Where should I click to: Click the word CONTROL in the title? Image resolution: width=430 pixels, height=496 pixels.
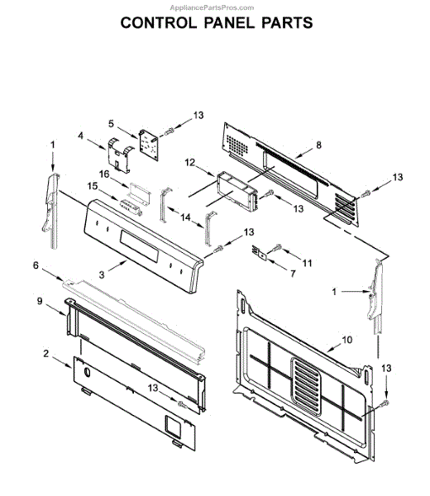tap(159, 23)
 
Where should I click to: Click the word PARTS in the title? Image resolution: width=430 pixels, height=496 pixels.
tap(287, 23)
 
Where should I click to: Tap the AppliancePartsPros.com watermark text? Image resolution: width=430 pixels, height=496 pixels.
tap(212, 7)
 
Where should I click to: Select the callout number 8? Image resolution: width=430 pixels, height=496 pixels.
tap(318, 145)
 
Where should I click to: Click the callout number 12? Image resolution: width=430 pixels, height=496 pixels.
tap(190, 163)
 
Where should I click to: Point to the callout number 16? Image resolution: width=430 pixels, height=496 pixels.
tap(104, 174)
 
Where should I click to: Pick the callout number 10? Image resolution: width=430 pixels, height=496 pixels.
tap(347, 340)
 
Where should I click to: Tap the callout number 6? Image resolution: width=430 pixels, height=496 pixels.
tap(36, 265)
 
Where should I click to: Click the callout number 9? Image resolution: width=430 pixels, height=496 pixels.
tap(39, 301)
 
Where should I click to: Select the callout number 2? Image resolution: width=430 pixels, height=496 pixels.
tap(45, 353)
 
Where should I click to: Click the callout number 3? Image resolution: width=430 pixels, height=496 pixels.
tap(101, 274)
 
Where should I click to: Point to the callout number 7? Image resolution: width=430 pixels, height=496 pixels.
tap(293, 274)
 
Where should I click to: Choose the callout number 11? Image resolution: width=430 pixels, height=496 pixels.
tap(308, 263)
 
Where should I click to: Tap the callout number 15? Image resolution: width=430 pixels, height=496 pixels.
tap(93, 186)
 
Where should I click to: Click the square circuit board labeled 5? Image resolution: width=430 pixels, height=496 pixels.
tap(149, 145)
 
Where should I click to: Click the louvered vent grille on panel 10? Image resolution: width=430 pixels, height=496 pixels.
tap(306, 386)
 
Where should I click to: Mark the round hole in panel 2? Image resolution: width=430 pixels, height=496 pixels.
tap(87, 372)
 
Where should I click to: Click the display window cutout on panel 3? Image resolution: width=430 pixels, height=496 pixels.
tap(139, 246)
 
